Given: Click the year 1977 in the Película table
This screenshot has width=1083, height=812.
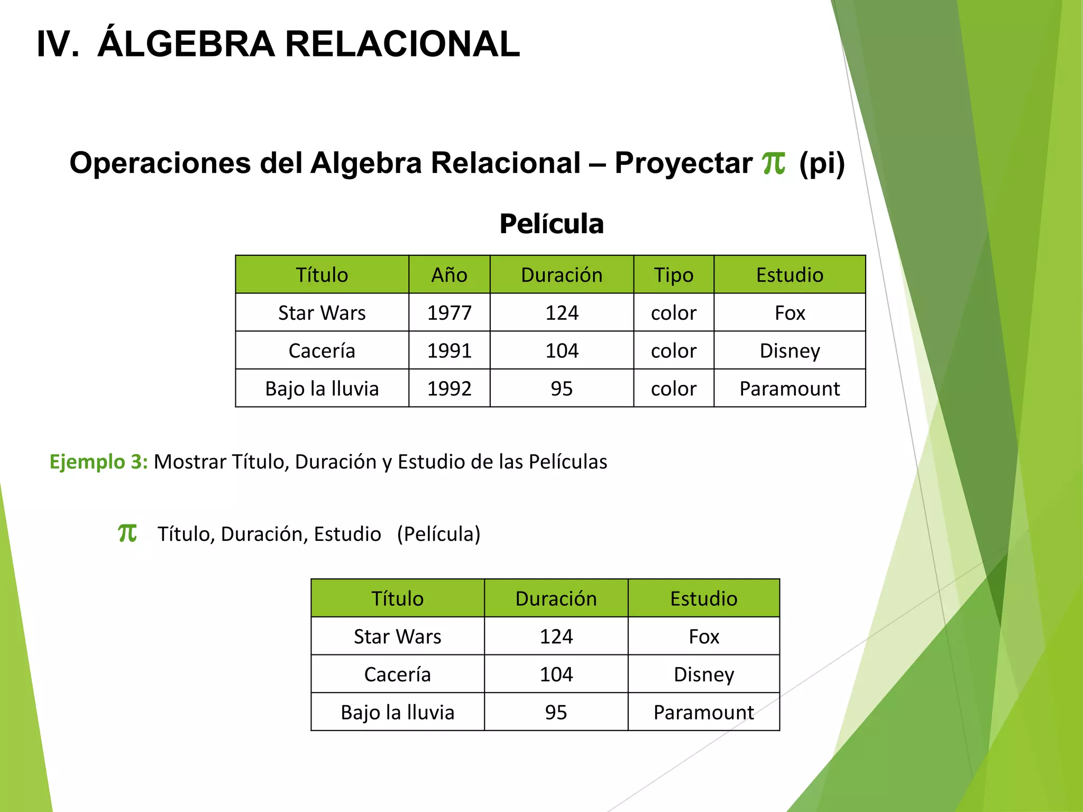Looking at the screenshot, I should coord(449,313).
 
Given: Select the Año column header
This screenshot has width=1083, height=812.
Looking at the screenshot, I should coord(449,275).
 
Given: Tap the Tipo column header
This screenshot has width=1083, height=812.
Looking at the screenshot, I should coord(673,275).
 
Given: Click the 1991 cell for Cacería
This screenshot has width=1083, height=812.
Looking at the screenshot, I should coord(449,351).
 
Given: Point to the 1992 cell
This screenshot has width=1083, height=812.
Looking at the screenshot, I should coord(449,389).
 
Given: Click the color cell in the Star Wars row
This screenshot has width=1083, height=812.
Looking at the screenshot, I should coord(673,313).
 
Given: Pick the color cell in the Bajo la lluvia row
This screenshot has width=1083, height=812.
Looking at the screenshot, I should coord(673,389).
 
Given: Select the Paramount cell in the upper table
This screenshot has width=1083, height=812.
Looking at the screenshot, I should coord(789,389).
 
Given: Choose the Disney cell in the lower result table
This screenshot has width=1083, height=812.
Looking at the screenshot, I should coord(703,675).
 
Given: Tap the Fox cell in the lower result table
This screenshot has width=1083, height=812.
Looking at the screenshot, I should coord(703,636).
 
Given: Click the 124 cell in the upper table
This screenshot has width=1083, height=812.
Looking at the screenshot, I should coord(562,313).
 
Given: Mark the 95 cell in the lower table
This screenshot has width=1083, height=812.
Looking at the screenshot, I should coord(556,713).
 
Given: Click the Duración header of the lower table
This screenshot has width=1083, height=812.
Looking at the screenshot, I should coord(556,598).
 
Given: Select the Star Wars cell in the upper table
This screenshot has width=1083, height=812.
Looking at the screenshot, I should coord(322,313).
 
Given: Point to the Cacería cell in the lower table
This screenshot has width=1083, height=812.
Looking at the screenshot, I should coord(397,675).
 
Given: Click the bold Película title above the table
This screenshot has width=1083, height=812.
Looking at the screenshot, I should coord(551,224).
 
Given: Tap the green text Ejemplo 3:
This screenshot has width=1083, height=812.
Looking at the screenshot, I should coord(98,462).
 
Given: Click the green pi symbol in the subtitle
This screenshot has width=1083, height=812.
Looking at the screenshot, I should coord(773,162).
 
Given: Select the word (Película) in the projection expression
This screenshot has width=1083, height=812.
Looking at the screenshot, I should coord(438,534).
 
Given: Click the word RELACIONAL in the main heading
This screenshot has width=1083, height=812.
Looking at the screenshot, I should coord(402,44).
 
